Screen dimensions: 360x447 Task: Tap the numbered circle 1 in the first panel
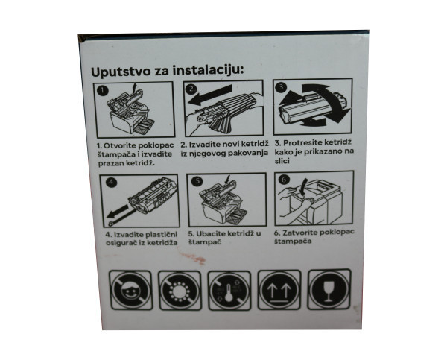coord(104,90)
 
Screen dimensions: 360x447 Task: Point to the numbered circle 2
coord(191,89)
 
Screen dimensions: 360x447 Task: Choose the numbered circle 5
coord(197,180)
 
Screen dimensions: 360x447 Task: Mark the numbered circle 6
coord(284,180)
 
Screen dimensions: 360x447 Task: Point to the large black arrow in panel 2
coord(212,97)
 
